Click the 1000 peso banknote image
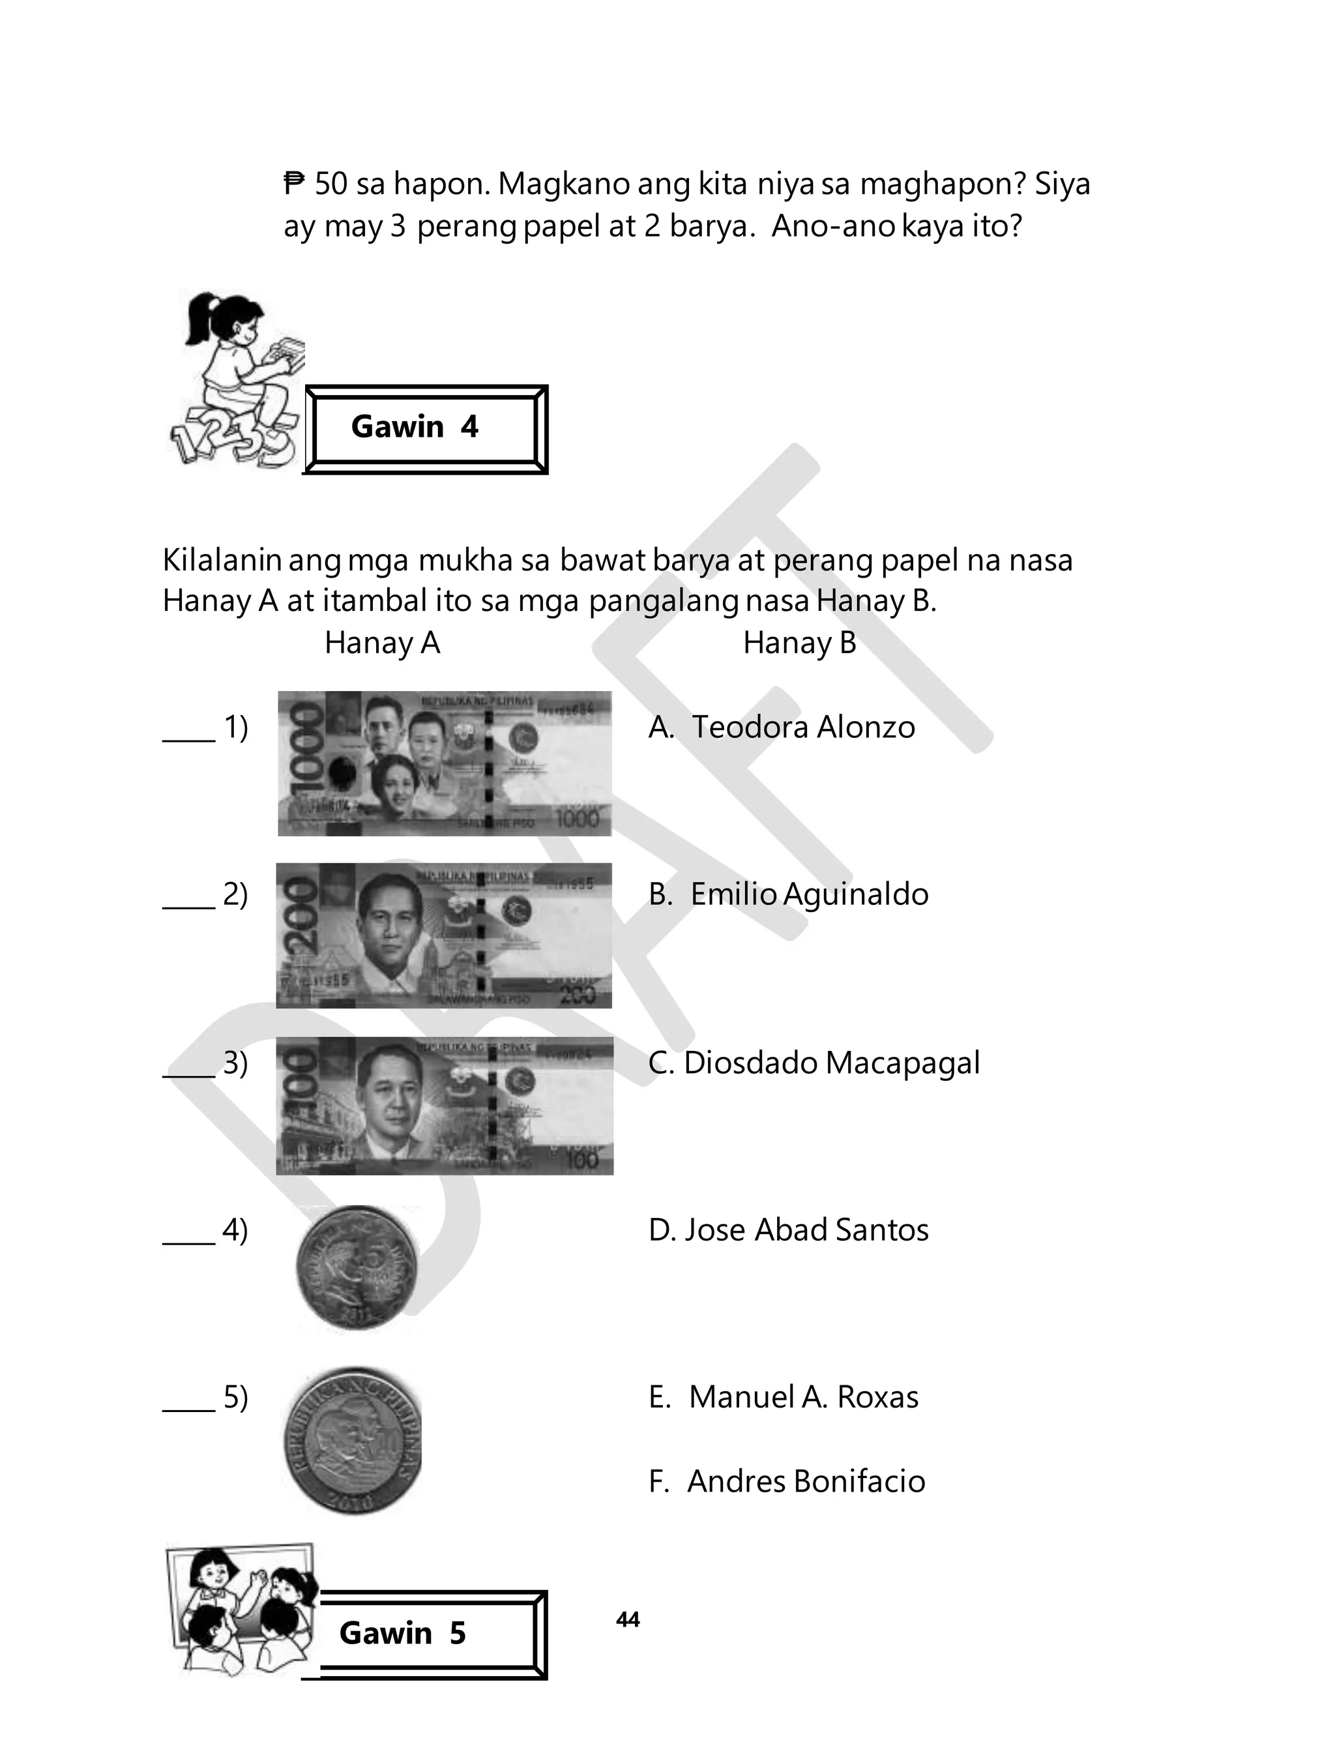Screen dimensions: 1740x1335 (444, 763)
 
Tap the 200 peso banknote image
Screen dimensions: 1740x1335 (444, 935)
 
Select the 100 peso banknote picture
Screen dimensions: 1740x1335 (444, 1104)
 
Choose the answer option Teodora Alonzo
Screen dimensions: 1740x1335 (802, 727)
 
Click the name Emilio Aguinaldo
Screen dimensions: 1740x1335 (809, 894)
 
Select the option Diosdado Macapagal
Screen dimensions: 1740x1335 (831, 1062)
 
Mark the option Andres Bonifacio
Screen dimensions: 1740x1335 (806, 1481)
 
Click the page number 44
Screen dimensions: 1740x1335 (628, 1619)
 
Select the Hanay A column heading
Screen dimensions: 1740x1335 (382, 643)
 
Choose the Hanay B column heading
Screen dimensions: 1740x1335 (799, 643)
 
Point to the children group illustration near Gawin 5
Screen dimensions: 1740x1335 (243, 1609)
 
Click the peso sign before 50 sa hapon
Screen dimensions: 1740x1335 (294, 184)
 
